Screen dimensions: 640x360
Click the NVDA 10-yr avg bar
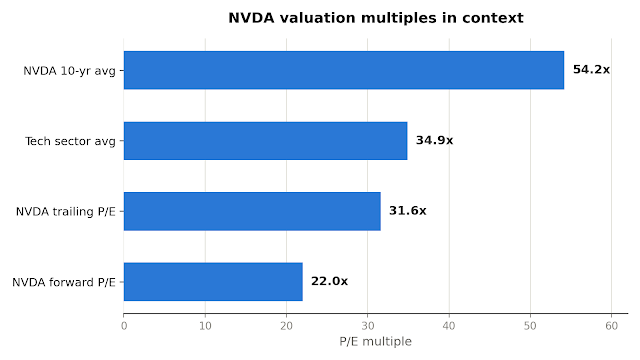pos(344,70)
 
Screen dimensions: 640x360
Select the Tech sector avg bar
pos(265,140)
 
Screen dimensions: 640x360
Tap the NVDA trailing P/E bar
pos(252,211)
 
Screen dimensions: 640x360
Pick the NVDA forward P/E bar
pos(213,282)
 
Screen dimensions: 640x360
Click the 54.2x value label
pos(591,69)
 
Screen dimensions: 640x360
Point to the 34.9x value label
pos(434,140)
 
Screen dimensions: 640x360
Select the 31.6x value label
pos(408,211)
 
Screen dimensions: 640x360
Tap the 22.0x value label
pos(329,281)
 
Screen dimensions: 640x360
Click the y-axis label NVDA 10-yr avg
pos(69,71)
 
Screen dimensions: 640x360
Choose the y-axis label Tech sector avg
pos(70,141)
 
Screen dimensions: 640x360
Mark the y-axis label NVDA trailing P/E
pos(66,211)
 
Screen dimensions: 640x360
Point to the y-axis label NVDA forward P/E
pos(64,282)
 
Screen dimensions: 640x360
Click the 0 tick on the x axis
pos(124,326)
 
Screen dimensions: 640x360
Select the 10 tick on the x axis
pos(205,326)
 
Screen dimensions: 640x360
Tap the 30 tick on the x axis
pos(368,326)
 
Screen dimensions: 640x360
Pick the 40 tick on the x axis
pos(449,326)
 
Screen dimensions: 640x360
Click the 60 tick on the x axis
pos(611,326)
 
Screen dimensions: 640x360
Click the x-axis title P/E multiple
pos(376,341)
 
